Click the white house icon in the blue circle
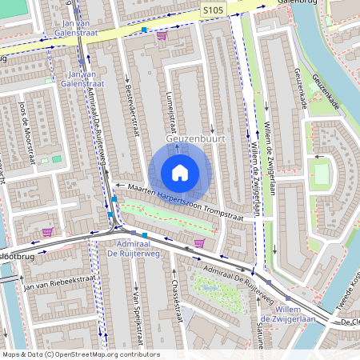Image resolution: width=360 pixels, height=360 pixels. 180,173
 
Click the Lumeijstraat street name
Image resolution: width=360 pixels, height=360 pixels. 170,112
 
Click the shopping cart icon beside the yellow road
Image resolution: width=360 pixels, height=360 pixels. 162,35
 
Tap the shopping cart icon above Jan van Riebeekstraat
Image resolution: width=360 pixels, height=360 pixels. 47,232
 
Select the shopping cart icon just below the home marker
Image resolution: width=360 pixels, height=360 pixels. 199,242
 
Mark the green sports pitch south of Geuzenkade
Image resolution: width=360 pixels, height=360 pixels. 321,174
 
